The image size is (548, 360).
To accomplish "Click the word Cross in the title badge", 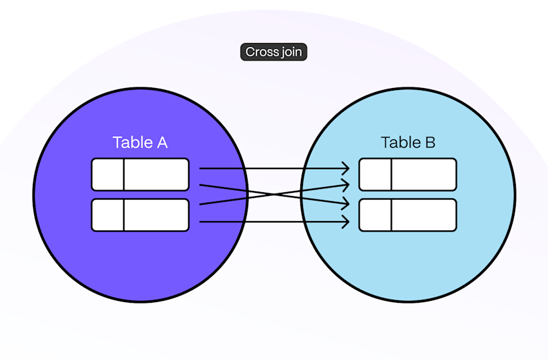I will pyautogui.click(x=262, y=52).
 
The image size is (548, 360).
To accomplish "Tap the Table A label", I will pyautogui.click(x=140, y=142).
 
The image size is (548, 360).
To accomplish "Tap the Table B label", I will pyautogui.click(x=408, y=142).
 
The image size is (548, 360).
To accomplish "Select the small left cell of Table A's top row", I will pyautogui.click(x=107, y=175).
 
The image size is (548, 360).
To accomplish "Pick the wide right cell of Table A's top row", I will pyautogui.click(x=156, y=175).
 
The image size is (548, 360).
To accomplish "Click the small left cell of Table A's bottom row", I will pyautogui.click(x=107, y=215).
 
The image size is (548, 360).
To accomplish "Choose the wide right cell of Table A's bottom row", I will pyautogui.click(x=156, y=215).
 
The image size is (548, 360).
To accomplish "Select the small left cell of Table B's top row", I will pyautogui.click(x=375, y=175).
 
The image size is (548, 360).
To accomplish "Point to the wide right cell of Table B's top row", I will pyautogui.click(x=423, y=175).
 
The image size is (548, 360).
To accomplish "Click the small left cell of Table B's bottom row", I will pyautogui.click(x=375, y=215).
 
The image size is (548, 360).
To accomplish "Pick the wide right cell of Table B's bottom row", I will pyautogui.click(x=423, y=215).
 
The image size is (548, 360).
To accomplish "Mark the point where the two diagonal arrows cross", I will pyautogui.click(x=275, y=194).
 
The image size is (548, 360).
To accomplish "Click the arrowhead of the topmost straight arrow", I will pyautogui.click(x=347, y=169).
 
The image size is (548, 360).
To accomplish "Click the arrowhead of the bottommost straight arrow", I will pyautogui.click(x=347, y=222).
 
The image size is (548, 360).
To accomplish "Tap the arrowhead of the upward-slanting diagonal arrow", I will pyautogui.click(x=347, y=185).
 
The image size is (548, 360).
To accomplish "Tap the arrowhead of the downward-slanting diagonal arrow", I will pyautogui.click(x=347, y=204).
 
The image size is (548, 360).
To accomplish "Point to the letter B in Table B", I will pyautogui.click(x=429, y=142).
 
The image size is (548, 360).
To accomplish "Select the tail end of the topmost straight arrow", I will pyautogui.click(x=201, y=169).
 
